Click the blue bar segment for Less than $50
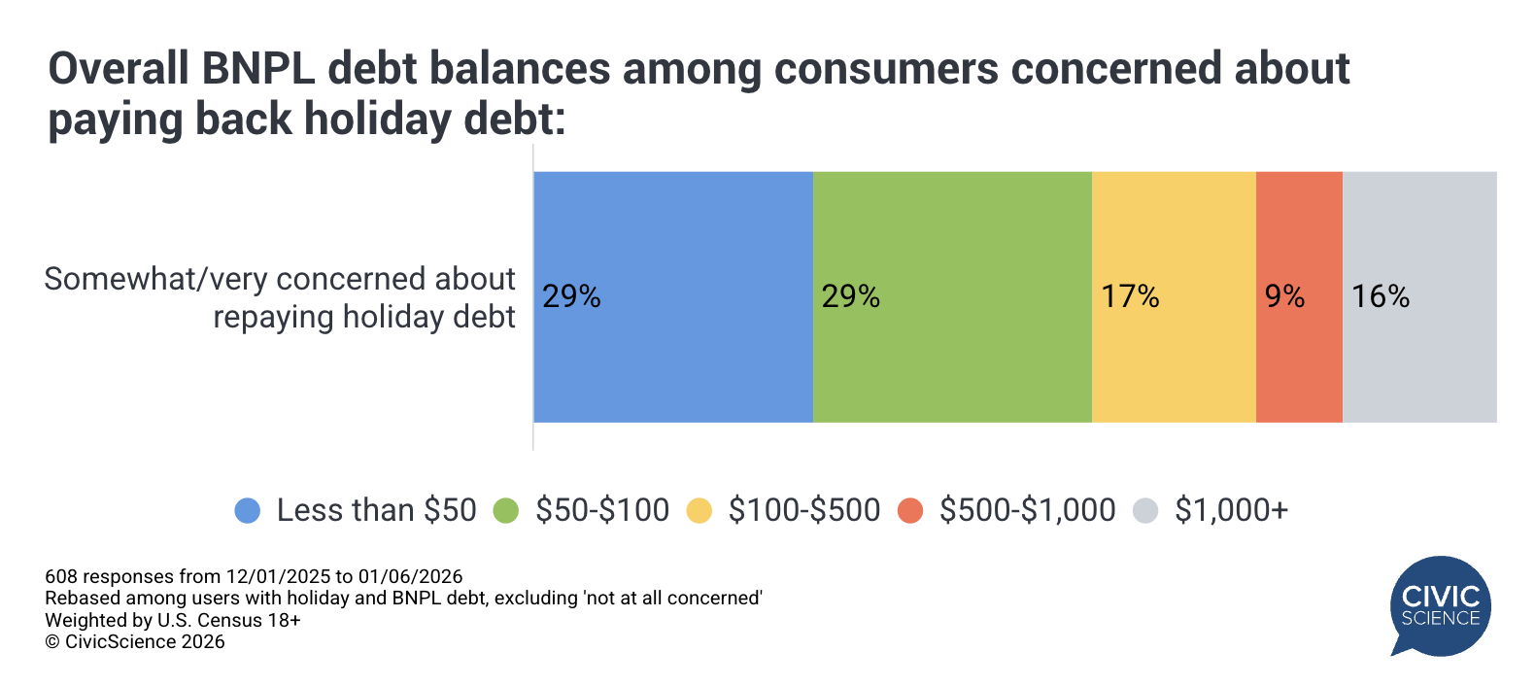click(673, 296)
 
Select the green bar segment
click(952, 296)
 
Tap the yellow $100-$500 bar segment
click(1174, 296)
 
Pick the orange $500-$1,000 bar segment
click(1299, 296)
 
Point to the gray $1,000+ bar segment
click(1420, 296)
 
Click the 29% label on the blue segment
click(571, 296)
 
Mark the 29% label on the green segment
click(850, 296)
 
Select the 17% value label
click(1130, 296)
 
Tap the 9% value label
click(1284, 296)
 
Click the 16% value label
click(1381, 296)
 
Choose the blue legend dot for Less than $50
click(248, 510)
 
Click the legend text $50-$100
click(602, 510)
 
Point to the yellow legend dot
click(699, 510)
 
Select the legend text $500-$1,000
click(1028, 510)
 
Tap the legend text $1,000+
click(1232, 510)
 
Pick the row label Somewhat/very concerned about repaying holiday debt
click(280, 298)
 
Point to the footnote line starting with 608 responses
click(254, 576)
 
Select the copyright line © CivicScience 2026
click(135, 642)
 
